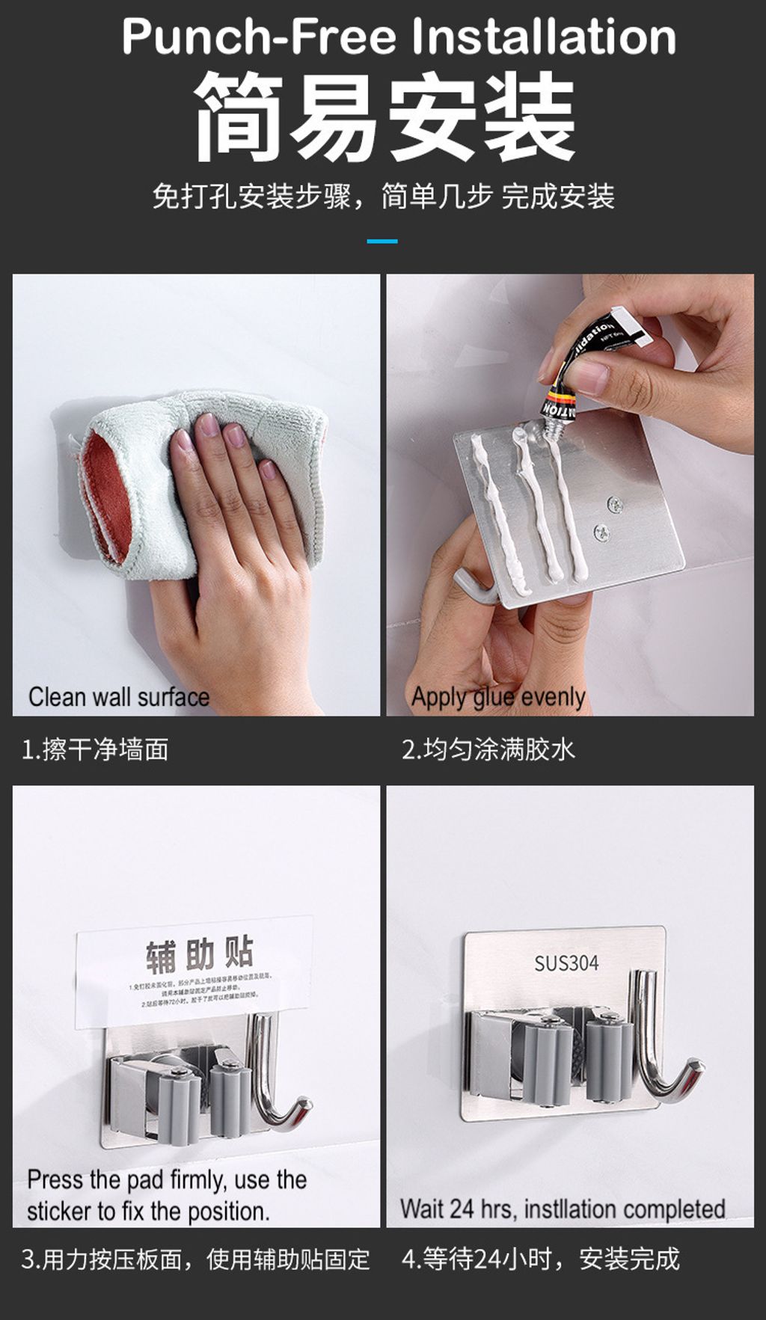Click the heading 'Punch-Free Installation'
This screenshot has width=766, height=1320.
398,37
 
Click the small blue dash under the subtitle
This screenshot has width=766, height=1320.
382,241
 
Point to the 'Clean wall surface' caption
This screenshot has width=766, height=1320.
118,697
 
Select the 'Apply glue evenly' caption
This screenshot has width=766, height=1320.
497,697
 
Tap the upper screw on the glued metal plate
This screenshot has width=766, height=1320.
615,505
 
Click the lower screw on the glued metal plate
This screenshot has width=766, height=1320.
601,533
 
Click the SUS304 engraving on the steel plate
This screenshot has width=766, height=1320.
566,963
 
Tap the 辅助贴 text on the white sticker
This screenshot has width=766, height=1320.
200,954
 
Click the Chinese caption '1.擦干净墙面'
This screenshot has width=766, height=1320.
95,749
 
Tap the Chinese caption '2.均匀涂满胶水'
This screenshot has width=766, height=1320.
488,749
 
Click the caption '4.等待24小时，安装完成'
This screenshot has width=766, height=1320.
540,1259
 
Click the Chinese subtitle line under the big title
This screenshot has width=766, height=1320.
383,197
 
